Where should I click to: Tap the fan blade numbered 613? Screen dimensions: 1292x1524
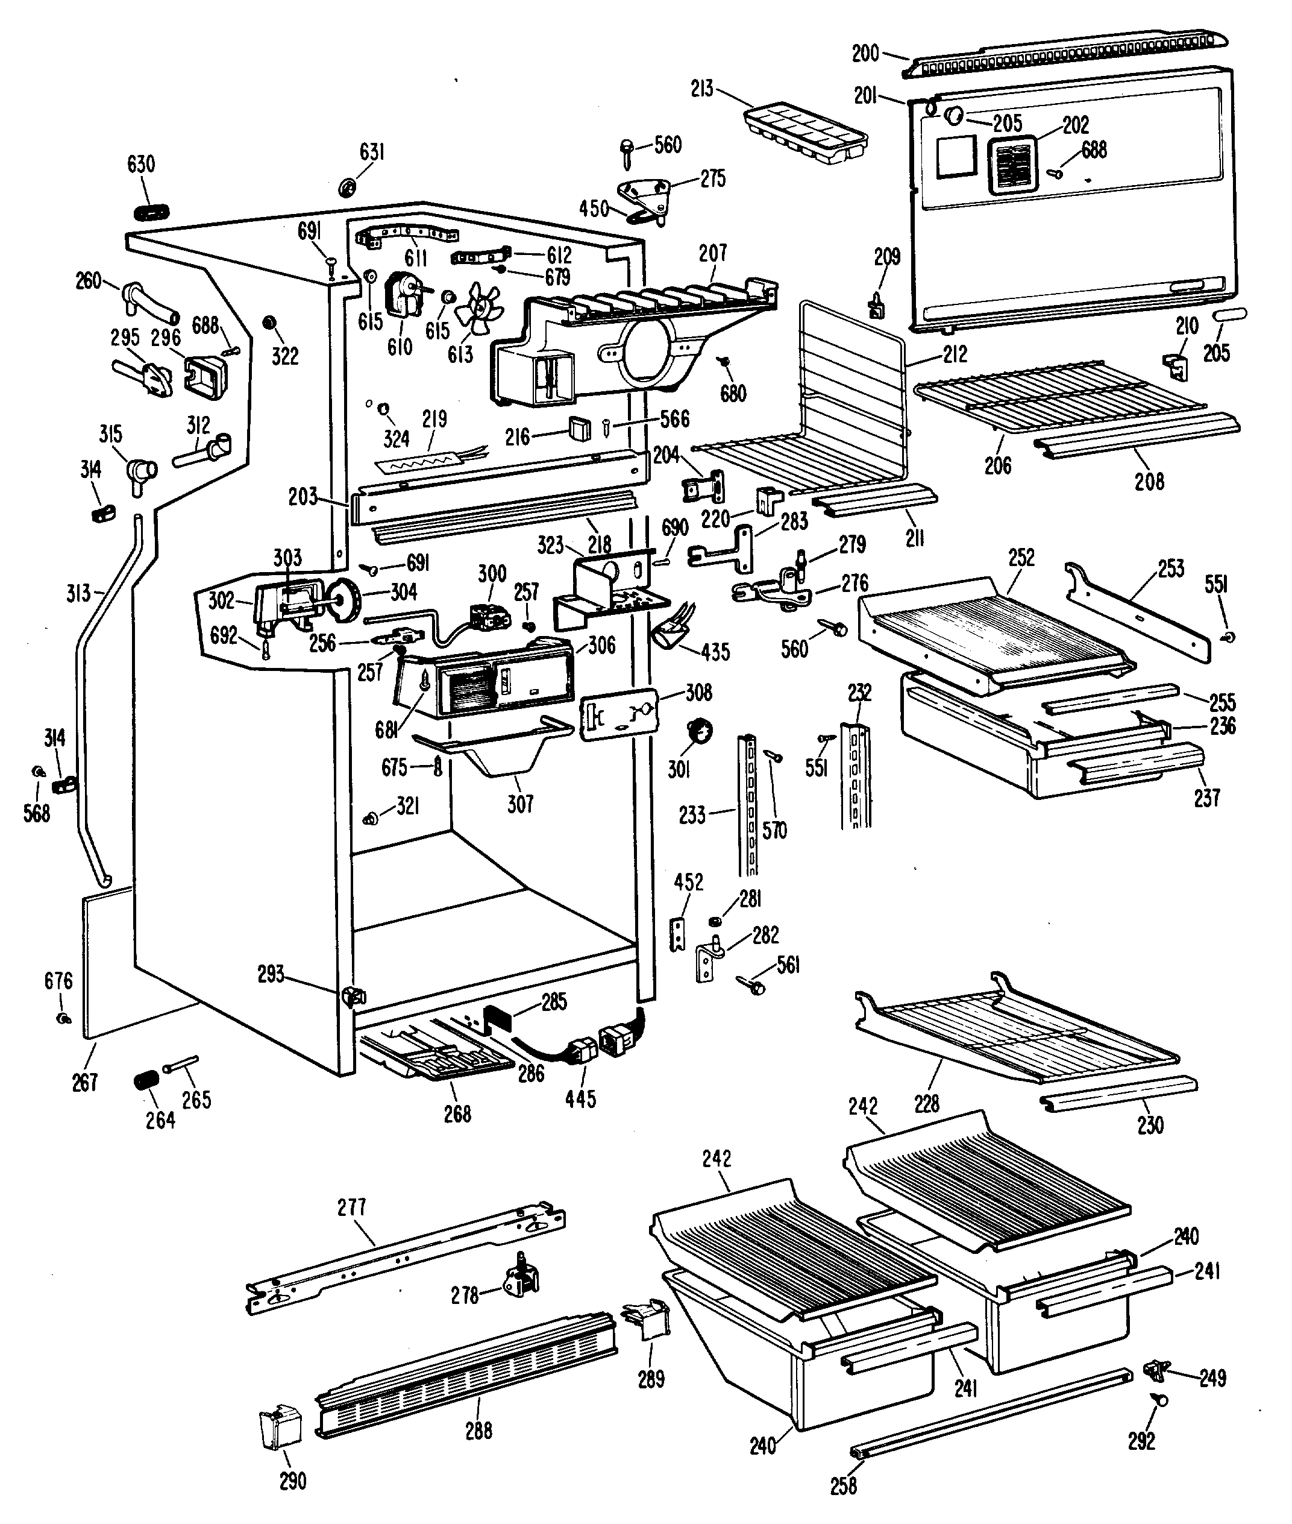[479, 304]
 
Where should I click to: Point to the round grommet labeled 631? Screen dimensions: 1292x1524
[347, 187]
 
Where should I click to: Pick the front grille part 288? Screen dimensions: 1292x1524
[466, 1374]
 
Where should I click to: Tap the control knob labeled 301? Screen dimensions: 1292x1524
[700, 731]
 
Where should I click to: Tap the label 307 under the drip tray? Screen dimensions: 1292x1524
[520, 804]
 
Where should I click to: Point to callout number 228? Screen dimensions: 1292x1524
[927, 1103]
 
